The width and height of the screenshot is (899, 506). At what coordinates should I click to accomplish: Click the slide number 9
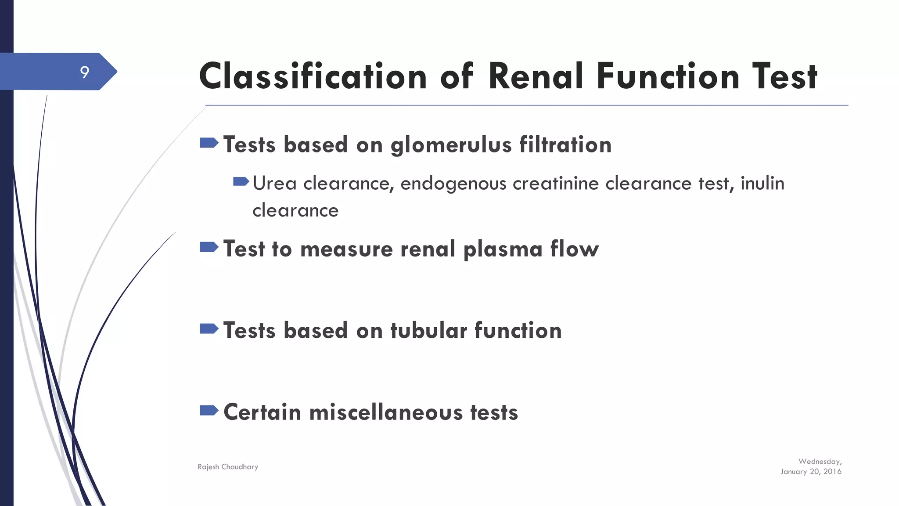pyautogui.click(x=85, y=72)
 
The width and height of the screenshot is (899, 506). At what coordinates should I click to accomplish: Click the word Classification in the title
pyautogui.click(x=313, y=76)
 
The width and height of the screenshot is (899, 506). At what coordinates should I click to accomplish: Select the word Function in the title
pyautogui.click(x=668, y=76)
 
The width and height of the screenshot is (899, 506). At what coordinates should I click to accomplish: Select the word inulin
pyautogui.click(x=762, y=183)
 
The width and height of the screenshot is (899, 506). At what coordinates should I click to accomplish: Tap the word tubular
pyautogui.click(x=428, y=330)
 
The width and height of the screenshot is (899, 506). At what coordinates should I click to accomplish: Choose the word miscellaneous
pyautogui.click(x=386, y=412)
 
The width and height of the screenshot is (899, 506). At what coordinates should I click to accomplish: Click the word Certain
pyautogui.click(x=262, y=412)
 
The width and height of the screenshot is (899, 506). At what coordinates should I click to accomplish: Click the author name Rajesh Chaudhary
pyautogui.click(x=228, y=467)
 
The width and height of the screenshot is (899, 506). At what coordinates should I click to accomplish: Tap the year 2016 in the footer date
pyautogui.click(x=832, y=472)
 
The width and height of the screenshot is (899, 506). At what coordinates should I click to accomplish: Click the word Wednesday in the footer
pyautogui.click(x=820, y=462)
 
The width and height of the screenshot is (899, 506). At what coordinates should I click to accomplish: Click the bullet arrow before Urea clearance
pyautogui.click(x=241, y=181)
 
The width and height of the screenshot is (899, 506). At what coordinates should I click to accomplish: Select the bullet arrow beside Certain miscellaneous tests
pyautogui.click(x=209, y=410)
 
